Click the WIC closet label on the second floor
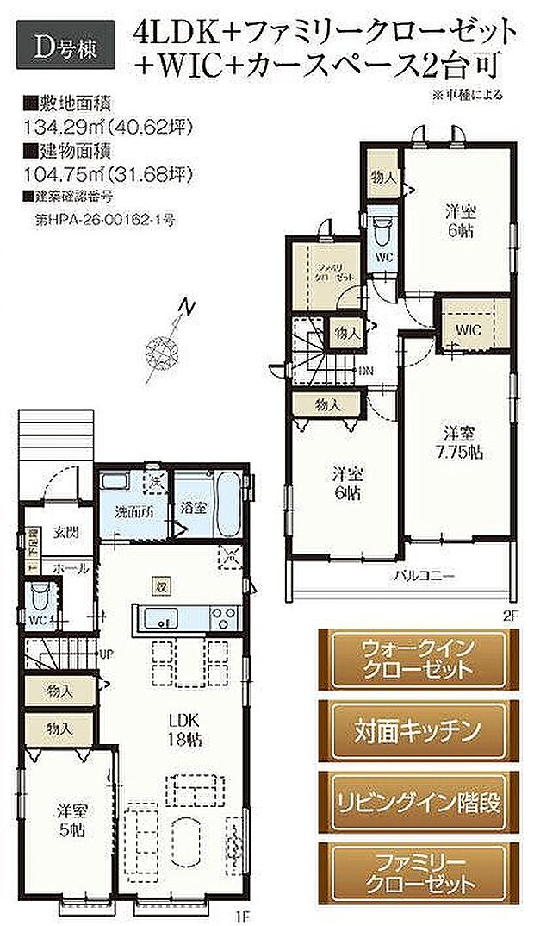[468, 329]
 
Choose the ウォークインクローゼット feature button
[412, 660]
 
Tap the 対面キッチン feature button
[412, 731]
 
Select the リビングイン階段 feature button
[412, 800]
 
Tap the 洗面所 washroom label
[134, 510]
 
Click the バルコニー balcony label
[419, 574]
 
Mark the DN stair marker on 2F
[366, 370]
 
